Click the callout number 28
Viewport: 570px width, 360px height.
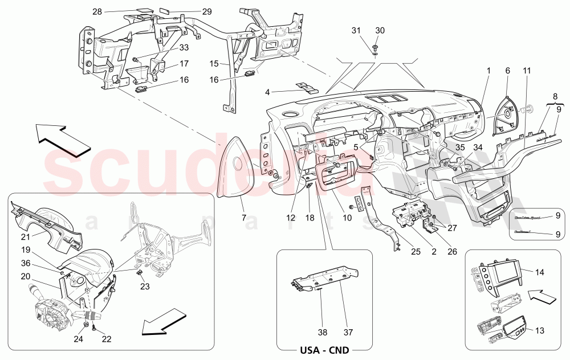point(97,11)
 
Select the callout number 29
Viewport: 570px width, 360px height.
point(191,11)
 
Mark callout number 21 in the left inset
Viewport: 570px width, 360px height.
point(26,236)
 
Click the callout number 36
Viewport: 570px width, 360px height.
point(26,263)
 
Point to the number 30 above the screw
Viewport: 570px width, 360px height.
point(380,30)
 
